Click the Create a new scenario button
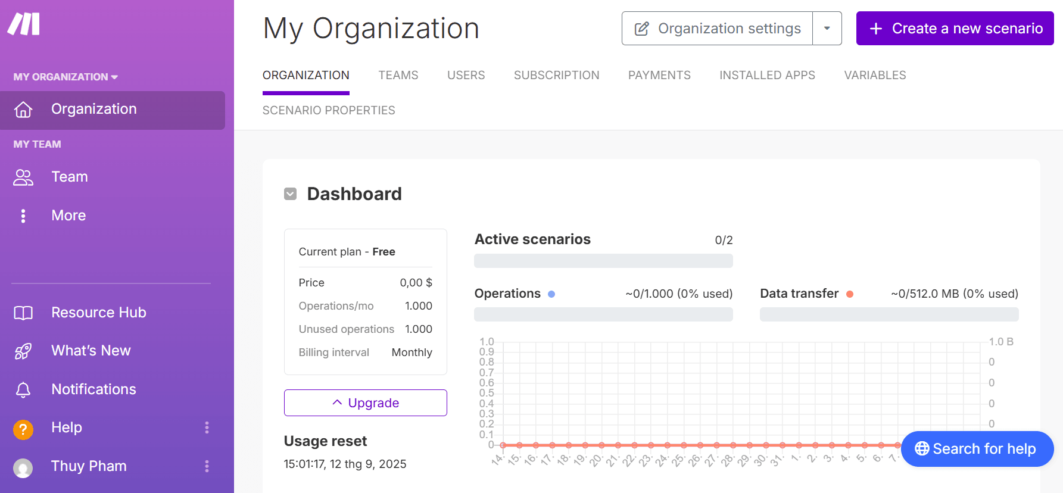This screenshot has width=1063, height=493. pos(955,29)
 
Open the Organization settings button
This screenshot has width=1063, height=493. pos(718,29)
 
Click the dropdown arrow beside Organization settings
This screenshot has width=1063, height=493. pos(827,29)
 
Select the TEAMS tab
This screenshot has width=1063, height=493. pos(398,75)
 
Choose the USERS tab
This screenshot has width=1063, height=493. pos(466,75)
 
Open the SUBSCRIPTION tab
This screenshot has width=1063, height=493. pos(556,75)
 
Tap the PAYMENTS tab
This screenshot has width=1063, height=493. pos(659,75)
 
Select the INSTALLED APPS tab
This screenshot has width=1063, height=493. pos(767,75)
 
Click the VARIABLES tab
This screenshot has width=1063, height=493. pos(875,75)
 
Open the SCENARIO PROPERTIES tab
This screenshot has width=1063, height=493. pos(329,110)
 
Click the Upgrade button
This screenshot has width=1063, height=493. pos(366,403)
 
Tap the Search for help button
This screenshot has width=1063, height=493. pos(977,449)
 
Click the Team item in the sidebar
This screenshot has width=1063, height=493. pos(70,177)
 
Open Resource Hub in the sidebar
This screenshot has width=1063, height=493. pos(98,313)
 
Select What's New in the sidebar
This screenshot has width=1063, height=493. pos(91,351)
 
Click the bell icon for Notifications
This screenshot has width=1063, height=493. pos(23,389)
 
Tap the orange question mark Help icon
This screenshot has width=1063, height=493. pos(23,429)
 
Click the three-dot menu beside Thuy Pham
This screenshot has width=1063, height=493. pos(207,466)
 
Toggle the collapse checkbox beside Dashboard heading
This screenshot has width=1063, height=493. pos(291,194)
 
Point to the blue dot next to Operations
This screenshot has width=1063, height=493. pos(551,294)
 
